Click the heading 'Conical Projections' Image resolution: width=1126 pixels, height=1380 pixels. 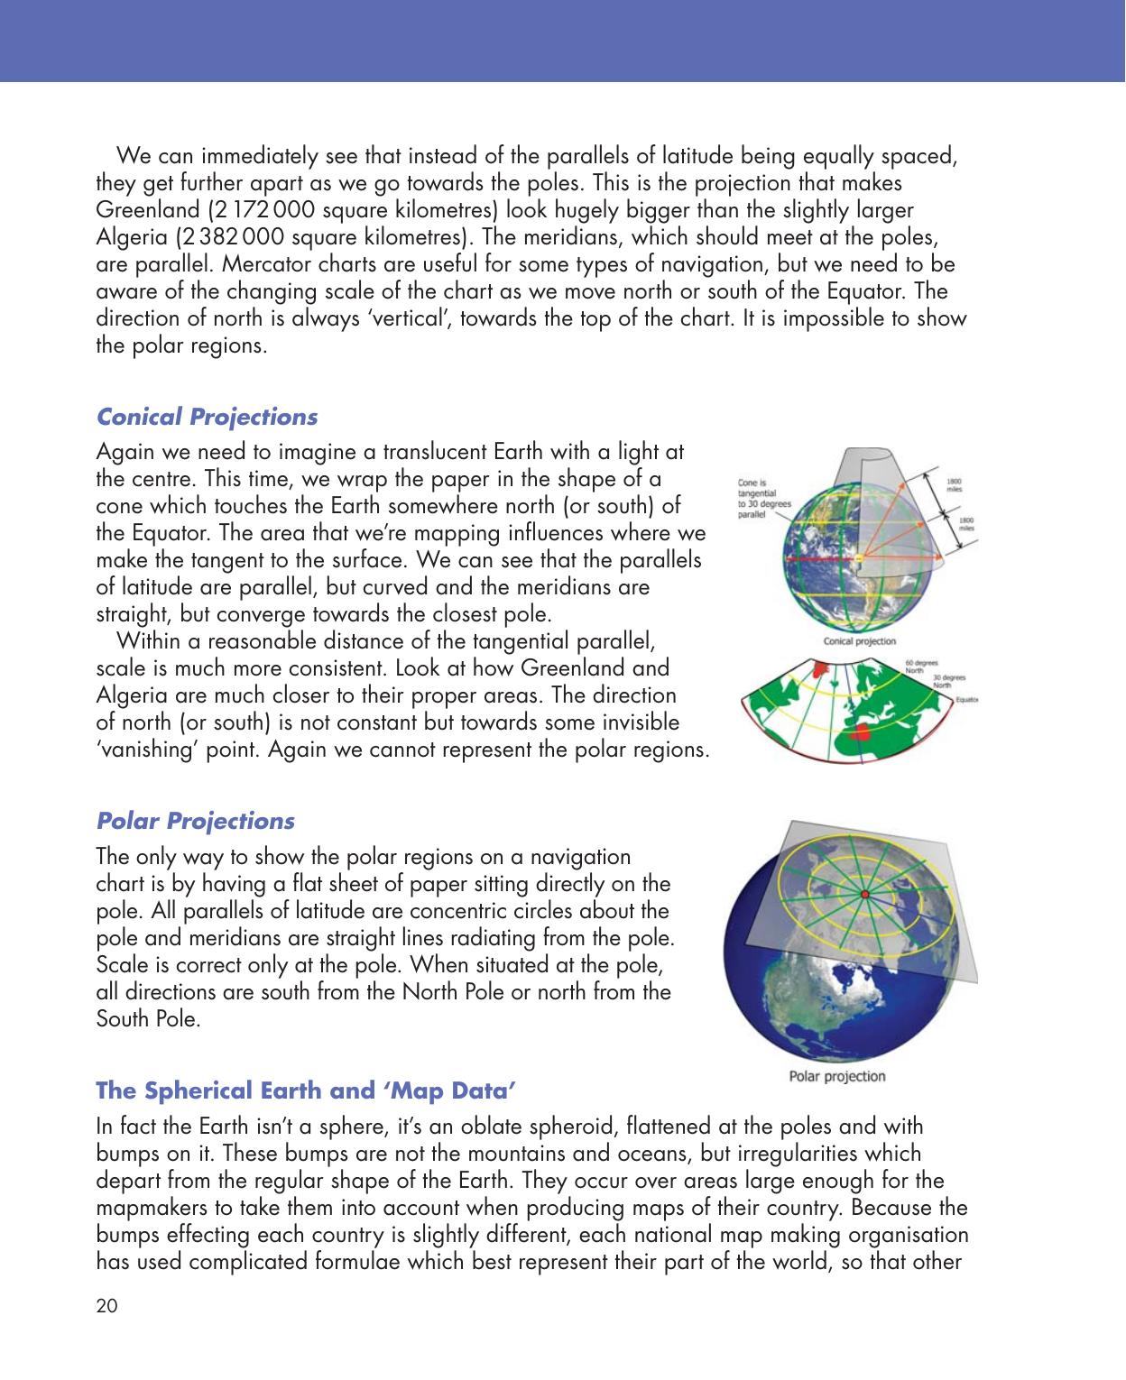tap(207, 418)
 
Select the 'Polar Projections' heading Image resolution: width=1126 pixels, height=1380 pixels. tap(195, 822)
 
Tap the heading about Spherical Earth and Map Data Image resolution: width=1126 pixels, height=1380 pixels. tap(306, 1090)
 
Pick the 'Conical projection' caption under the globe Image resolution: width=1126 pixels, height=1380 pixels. tap(860, 641)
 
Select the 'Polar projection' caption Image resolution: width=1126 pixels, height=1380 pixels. tap(836, 1076)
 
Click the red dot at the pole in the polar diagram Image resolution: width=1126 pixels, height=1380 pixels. tap(863, 894)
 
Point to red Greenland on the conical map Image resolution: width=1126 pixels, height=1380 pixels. tap(820, 669)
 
